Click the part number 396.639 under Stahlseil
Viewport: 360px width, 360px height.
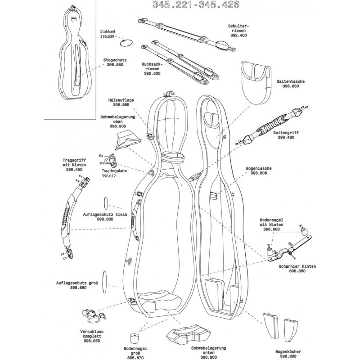tap(107, 36)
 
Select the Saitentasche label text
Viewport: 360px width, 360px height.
tap(290, 81)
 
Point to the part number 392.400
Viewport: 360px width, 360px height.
tap(238, 36)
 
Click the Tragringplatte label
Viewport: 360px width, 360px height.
tap(114, 171)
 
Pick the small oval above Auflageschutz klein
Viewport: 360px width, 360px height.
tap(106, 203)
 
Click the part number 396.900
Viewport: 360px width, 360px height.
tap(208, 357)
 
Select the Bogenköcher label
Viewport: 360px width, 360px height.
tap(288, 352)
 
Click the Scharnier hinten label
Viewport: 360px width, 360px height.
tap(297, 266)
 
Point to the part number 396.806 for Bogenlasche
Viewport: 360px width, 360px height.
tap(259, 173)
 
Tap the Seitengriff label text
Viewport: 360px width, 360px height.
tap(286, 133)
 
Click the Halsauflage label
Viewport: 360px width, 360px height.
tap(121, 100)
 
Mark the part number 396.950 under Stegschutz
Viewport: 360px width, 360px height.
tap(115, 65)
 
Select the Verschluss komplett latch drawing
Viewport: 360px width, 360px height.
tap(94, 315)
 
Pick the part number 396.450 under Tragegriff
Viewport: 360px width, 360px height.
tap(74, 170)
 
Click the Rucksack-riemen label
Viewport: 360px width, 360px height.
tap(152, 67)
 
